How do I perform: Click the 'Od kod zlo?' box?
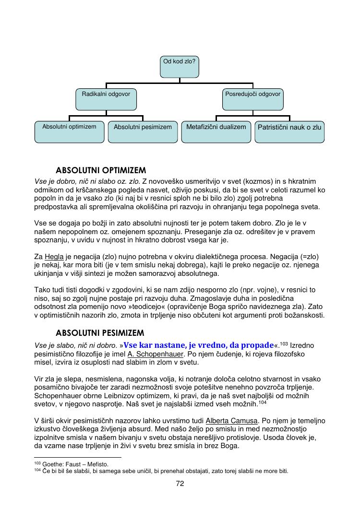[180, 67]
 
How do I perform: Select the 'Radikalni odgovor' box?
[106, 99]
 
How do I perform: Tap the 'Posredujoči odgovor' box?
[253, 99]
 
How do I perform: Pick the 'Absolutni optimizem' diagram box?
[69, 132]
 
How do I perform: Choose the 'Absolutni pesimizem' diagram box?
[143, 132]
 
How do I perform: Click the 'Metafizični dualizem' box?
[216, 132]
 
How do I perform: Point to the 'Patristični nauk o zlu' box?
[289, 132]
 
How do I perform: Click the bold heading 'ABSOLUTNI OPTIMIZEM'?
[101, 170]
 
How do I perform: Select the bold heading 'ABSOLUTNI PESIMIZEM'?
[100, 332]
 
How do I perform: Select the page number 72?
[180, 483]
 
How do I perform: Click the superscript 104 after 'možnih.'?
[263, 402]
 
